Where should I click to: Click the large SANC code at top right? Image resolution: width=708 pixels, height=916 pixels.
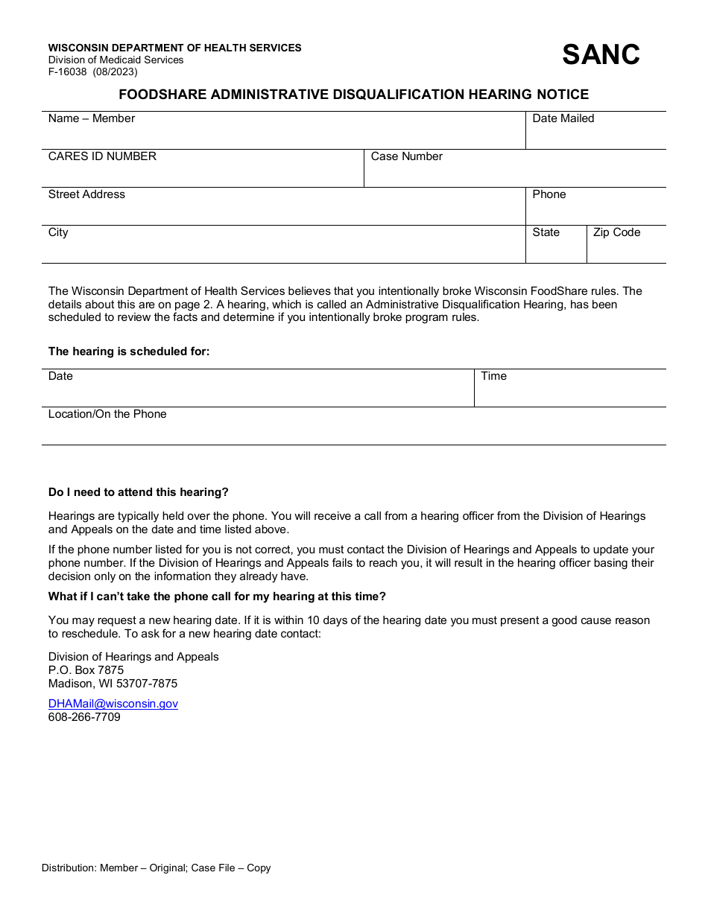[x=601, y=54]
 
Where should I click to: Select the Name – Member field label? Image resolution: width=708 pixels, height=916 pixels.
[x=92, y=118]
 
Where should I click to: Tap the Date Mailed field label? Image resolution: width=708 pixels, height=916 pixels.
[x=563, y=118]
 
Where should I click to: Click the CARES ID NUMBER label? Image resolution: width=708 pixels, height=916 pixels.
[x=102, y=156]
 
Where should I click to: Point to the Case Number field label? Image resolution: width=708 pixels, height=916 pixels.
[x=406, y=156]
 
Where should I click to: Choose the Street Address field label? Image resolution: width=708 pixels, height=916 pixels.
[x=86, y=194]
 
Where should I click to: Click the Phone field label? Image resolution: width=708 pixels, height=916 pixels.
[x=549, y=194]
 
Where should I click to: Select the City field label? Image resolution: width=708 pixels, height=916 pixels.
[x=58, y=232]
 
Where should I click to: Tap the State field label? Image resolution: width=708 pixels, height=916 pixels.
[x=546, y=232]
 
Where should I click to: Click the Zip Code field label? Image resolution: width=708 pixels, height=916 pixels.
[x=616, y=232]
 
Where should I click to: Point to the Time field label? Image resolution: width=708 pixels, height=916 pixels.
[x=493, y=376]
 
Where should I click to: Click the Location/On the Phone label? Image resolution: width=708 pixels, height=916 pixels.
[x=107, y=414]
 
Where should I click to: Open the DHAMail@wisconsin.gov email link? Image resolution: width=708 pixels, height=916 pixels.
[x=113, y=704]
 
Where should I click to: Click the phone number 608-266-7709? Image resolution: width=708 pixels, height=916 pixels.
[x=84, y=717]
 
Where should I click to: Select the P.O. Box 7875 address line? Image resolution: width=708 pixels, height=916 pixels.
[x=86, y=670]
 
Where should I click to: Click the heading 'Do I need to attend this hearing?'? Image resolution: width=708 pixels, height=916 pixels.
[x=139, y=492]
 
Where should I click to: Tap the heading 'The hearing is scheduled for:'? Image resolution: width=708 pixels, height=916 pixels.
[x=129, y=352]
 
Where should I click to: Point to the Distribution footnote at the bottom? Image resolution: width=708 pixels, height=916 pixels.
[x=157, y=868]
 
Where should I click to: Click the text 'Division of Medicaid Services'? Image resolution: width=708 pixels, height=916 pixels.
[x=116, y=60]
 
